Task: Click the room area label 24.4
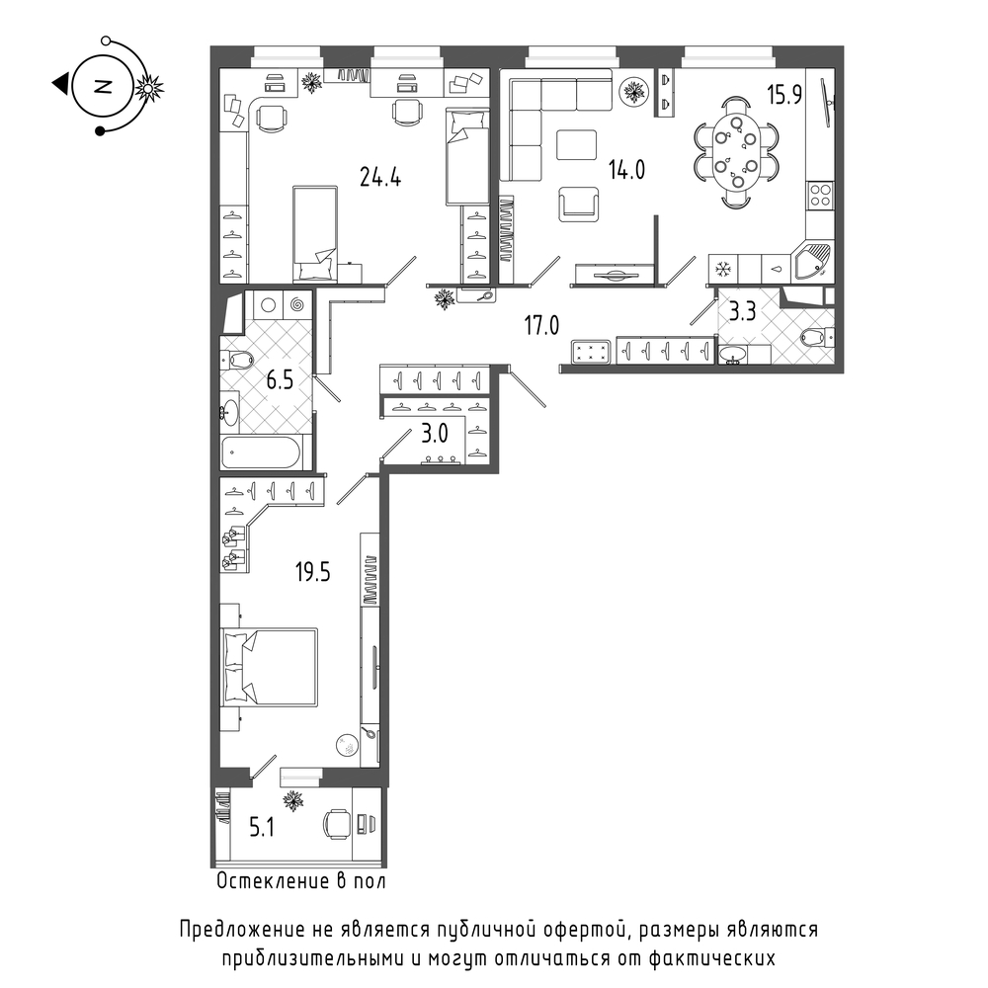(380, 178)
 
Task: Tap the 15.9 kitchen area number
(783, 95)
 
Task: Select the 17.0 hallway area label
(541, 326)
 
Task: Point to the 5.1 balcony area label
(262, 827)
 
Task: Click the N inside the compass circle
(102, 86)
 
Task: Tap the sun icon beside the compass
(149, 88)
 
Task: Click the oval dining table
(735, 152)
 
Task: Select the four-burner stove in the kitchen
(820, 195)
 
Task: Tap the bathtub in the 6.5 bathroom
(262, 452)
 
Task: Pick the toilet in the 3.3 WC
(817, 337)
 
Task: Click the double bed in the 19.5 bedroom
(269, 666)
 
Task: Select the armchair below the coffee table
(579, 205)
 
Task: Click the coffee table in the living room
(576, 145)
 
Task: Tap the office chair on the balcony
(337, 824)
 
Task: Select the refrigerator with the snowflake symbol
(723, 269)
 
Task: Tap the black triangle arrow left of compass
(60, 84)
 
